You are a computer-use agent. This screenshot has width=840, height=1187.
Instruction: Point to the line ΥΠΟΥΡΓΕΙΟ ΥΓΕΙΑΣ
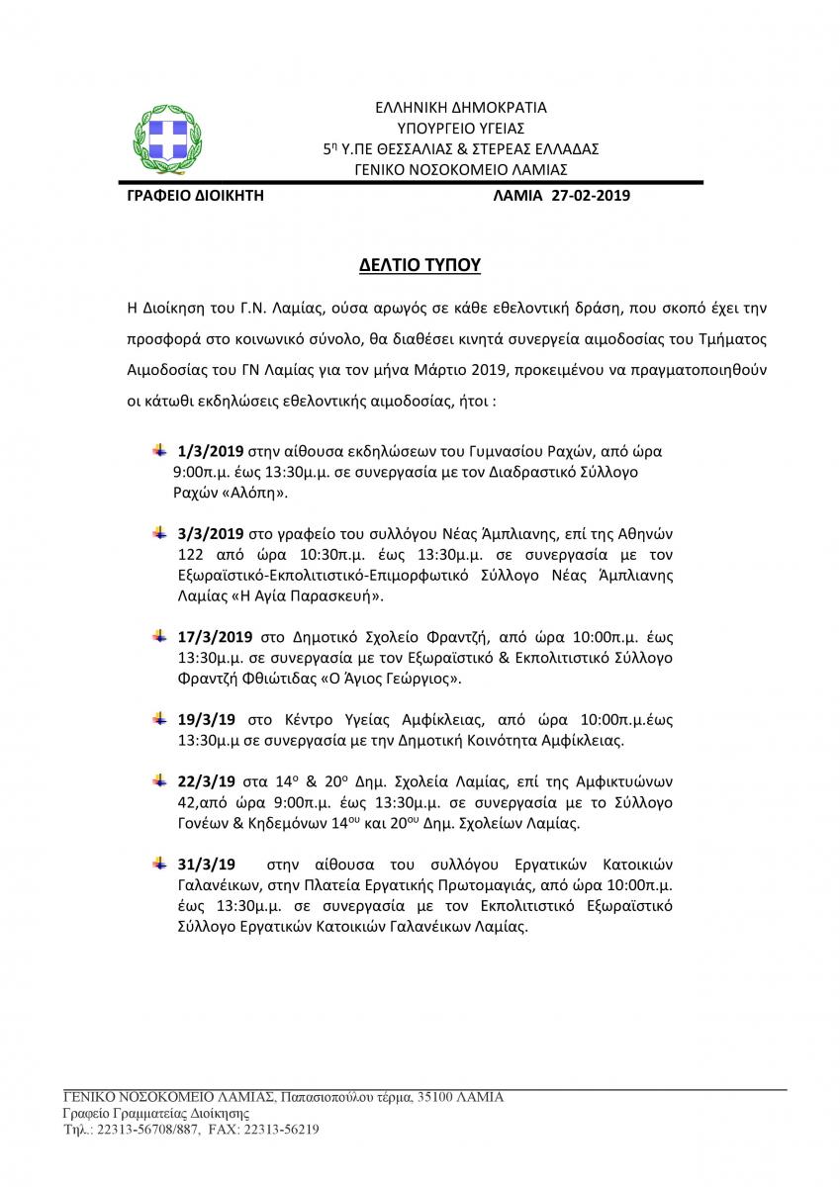(461, 128)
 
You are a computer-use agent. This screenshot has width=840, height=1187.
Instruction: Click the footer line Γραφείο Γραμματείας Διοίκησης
(142, 1113)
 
